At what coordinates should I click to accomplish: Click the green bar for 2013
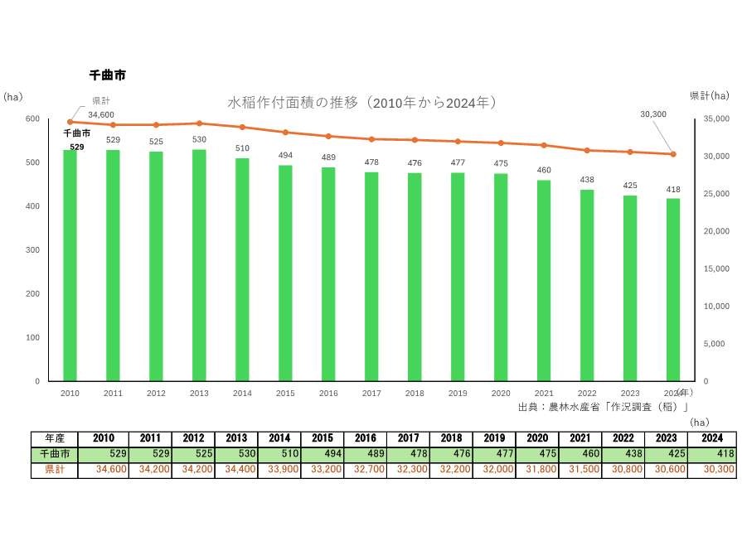199,265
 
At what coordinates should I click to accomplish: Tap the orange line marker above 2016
328,136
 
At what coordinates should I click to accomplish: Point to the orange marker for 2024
673,154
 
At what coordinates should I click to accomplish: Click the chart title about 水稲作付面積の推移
362,103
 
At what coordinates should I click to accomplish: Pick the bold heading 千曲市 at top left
107,75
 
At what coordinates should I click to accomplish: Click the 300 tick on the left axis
32,249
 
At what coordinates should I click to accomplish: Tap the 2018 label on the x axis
415,394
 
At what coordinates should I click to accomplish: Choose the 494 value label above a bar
285,156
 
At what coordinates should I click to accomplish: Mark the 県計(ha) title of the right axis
709,96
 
